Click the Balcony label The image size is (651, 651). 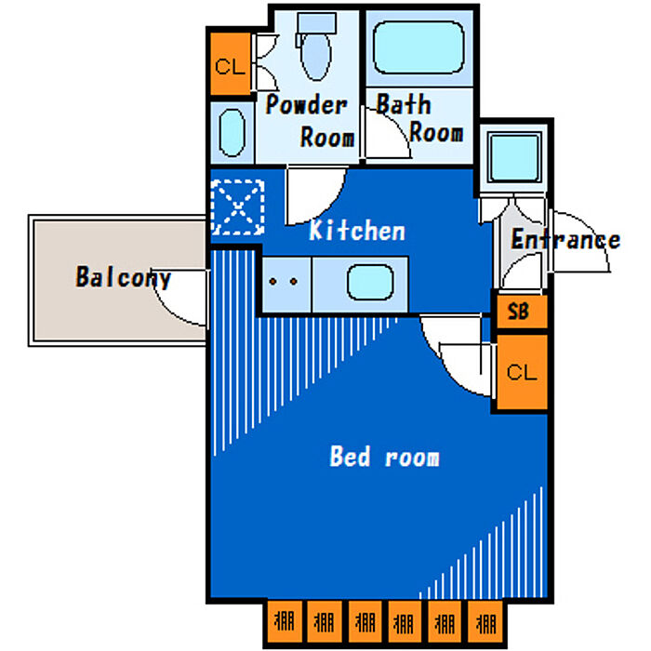coord(123,277)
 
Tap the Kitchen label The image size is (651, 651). coord(357,231)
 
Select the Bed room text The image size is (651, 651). coord(384,457)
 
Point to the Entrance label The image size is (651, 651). coord(565,240)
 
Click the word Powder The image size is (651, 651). coord(306,104)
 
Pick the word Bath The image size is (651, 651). coord(403,104)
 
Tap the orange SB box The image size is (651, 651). coord(519,312)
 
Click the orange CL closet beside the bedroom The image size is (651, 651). coord(522,372)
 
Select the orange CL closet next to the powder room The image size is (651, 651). coord(229,65)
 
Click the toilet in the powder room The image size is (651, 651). coord(315,46)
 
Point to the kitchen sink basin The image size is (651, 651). coord(370,282)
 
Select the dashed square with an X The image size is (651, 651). coord(238,207)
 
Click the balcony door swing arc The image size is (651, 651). coord(181,298)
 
